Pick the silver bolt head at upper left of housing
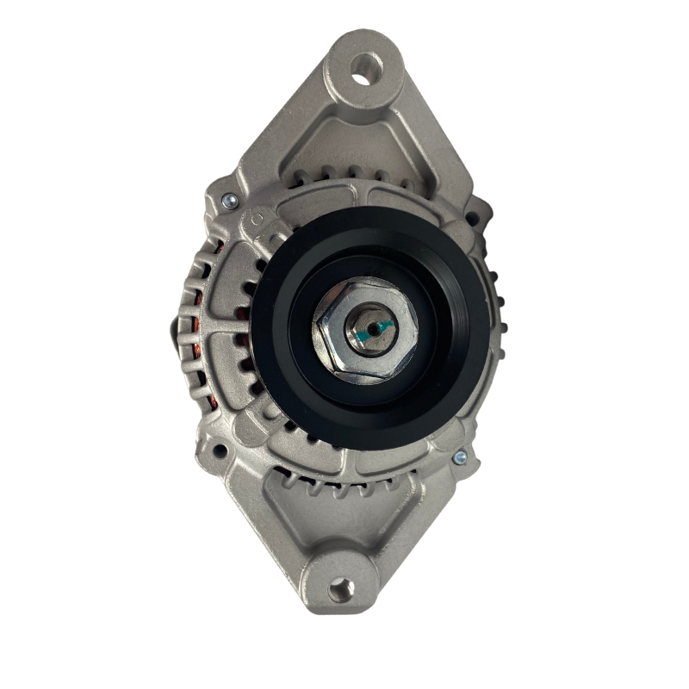coord(228,201)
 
